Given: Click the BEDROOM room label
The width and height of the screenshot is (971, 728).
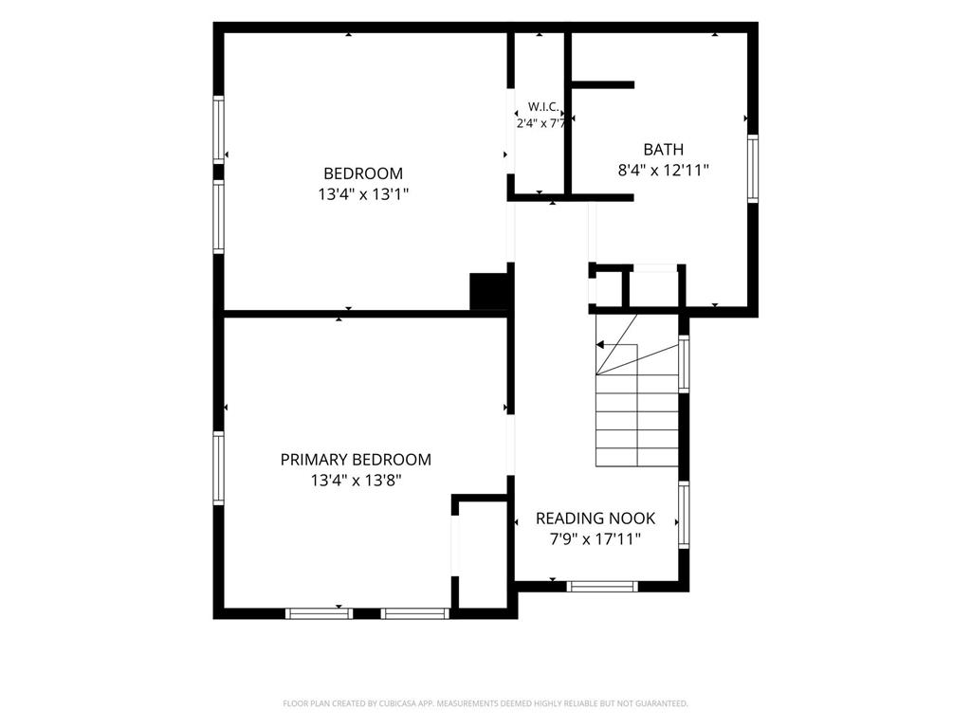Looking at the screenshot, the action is (363, 173).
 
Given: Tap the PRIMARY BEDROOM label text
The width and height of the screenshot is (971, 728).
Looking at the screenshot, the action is (356, 460).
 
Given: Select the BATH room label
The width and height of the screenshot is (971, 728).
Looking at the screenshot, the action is (663, 150).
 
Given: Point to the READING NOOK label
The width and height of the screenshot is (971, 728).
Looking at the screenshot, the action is (595, 519).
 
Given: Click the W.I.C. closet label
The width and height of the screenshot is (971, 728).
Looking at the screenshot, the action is (543, 106).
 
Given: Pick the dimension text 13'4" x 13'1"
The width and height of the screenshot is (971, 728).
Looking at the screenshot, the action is (363, 194).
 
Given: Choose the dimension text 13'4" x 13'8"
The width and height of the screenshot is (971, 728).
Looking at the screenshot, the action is (357, 481).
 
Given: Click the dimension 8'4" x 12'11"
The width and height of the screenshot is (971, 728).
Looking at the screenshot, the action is (663, 171).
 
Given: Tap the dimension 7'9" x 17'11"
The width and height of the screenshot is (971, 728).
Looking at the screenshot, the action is (595, 539).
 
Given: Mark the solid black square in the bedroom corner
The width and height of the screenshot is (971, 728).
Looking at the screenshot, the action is (490, 292).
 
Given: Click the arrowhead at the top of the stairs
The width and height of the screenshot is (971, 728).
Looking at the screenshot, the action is (599, 345).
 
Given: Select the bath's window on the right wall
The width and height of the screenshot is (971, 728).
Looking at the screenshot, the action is (752, 169).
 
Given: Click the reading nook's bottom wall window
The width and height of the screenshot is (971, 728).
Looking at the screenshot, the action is (602, 586).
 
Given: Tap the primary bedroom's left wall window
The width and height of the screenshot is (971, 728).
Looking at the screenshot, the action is (219, 468).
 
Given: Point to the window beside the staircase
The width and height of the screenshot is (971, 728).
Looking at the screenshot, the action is (684, 364).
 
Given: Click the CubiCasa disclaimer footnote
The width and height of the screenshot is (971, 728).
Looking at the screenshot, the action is (485, 703).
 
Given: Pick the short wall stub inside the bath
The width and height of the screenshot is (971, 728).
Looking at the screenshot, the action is (602, 84).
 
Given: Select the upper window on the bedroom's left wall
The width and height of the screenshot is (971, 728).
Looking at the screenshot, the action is (219, 129).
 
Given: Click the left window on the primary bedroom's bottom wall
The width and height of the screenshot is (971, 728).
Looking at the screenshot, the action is (319, 613).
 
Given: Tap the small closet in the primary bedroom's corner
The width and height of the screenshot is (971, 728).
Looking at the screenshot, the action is (482, 555).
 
